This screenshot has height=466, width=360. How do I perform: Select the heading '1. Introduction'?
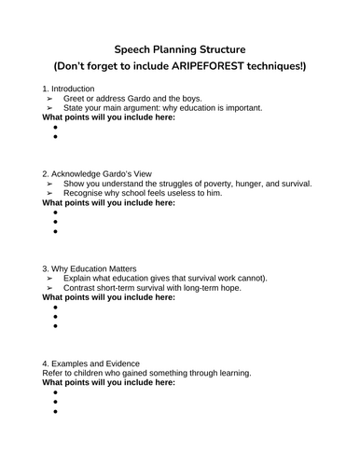pos(69,88)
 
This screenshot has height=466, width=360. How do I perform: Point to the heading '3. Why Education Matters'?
pos(90,269)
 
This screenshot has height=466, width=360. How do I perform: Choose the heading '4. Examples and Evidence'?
pos(90,363)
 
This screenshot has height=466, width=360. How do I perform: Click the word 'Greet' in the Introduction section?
pos(76,98)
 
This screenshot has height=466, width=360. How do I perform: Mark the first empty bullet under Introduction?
pos(55,126)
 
